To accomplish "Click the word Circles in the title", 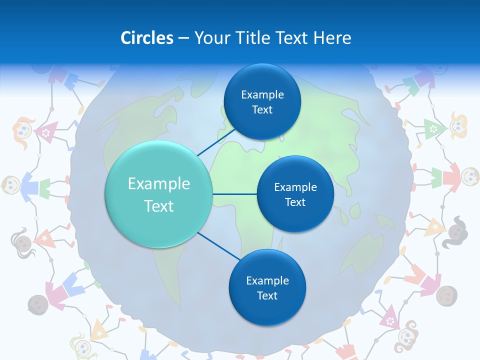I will (x=146, y=38).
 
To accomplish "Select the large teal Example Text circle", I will (x=159, y=194).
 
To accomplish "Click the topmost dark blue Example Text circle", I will (x=262, y=101).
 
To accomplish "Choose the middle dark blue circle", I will (x=295, y=194).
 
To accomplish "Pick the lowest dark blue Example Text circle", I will (x=267, y=287).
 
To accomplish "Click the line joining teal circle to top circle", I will (x=216, y=141).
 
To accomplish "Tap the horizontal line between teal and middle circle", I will (x=234, y=194).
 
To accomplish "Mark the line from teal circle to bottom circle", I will (x=218, y=246).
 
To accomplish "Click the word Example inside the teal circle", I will (x=159, y=184).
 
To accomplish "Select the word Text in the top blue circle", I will (x=262, y=110).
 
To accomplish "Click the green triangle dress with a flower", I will (x=431, y=128).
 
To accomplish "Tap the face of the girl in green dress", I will (x=458, y=125).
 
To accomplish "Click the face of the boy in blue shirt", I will (x=11, y=185).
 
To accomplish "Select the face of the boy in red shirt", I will (x=469, y=175).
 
